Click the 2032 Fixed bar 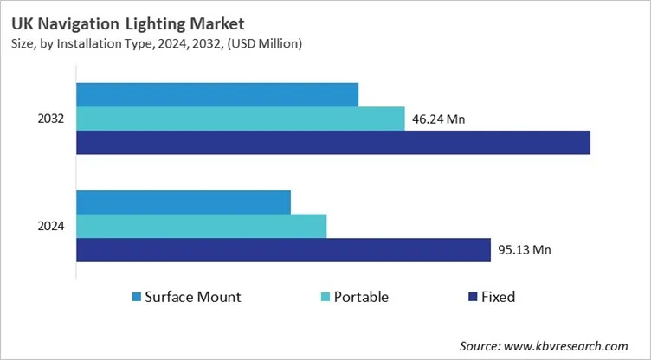[x=333, y=143]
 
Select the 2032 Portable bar [x=241, y=119]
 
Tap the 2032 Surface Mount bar [x=217, y=94]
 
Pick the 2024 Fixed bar [x=284, y=250]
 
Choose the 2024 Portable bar [x=202, y=226]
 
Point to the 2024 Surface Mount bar [x=184, y=202]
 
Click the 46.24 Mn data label [x=438, y=119]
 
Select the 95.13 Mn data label [x=525, y=250]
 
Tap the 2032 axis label [x=51, y=119]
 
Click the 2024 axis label [x=51, y=227]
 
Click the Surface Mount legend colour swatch [x=136, y=298]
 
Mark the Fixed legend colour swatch [x=473, y=298]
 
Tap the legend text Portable [x=362, y=297]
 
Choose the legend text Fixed [x=499, y=297]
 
